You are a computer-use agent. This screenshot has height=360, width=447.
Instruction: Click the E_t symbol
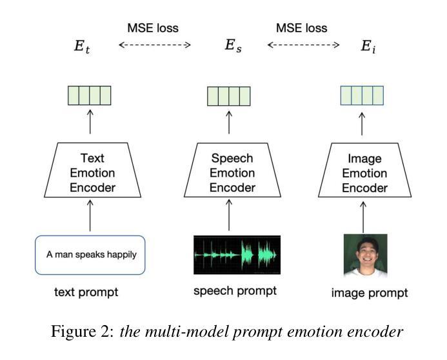[x=82, y=46]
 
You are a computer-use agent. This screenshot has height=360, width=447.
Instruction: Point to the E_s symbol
[x=233, y=46]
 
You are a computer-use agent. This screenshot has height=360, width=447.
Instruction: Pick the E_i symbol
[x=368, y=46]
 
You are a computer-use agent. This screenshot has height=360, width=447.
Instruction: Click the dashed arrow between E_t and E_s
[x=155, y=45]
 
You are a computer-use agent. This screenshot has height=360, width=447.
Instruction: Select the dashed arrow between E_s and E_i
[x=303, y=45]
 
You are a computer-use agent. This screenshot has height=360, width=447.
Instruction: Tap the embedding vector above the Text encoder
[x=90, y=95]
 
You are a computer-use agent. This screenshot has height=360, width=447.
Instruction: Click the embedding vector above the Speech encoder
[x=228, y=96]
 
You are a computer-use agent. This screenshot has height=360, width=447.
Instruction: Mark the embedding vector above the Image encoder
[x=362, y=95]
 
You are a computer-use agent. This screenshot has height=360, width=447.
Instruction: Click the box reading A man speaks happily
[x=90, y=255]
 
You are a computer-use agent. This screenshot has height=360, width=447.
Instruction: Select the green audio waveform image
[x=237, y=255]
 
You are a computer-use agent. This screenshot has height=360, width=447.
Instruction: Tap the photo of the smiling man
[x=366, y=255]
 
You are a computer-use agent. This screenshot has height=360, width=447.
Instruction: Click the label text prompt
[x=86, y=292]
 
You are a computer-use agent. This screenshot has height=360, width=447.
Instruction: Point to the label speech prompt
[x=235, y=292]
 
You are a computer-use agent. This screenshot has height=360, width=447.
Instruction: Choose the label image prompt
[x=370, y=294]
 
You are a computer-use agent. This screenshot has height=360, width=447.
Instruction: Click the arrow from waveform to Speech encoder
[x=229, y=215]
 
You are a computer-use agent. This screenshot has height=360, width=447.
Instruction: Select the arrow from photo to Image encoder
[x=363, y=217]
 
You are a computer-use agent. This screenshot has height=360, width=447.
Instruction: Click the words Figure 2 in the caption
[x=83, y=332]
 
